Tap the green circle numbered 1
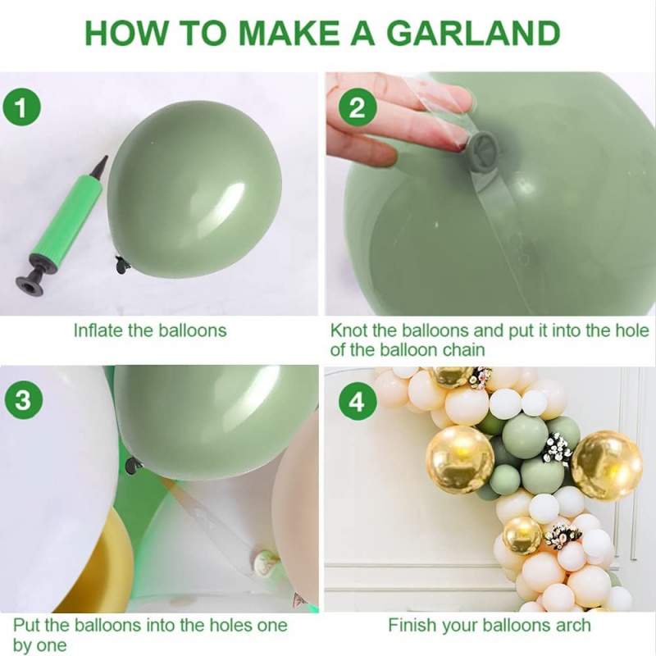[x=21, y=108]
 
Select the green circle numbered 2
[x=358, y=109]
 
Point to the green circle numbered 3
[x=24, y=400]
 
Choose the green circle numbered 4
[x=357, y=403]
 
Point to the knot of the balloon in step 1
[x=122, y=265]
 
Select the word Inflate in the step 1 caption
[x=98, y=330]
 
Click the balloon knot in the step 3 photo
[x=132, y=465]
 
